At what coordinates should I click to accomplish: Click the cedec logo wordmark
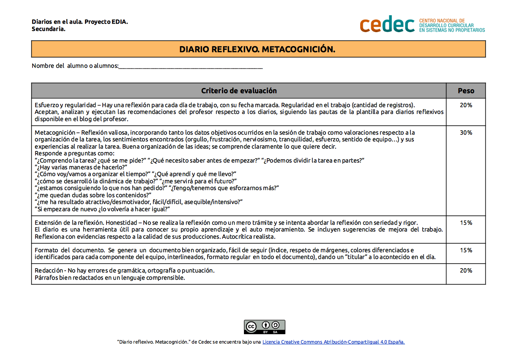click(387, 25)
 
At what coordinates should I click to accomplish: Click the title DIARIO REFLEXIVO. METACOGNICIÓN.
click(257, 49)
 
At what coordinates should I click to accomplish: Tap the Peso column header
click(466, 91)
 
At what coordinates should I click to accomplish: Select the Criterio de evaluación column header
click(239, 91)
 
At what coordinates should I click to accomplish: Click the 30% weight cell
click(466, 132)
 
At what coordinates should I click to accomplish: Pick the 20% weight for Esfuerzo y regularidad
click(466, 105)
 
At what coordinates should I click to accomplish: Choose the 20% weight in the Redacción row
click(466, 271)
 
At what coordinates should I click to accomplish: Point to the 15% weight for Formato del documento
click(466, 250)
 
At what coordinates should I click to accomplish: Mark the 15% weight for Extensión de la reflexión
click(466, 223)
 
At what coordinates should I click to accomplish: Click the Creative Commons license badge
click(264, 327)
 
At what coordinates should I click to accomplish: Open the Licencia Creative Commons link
click(333, 342)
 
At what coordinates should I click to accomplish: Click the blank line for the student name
click(190, 66)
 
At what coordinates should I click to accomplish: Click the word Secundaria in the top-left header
click(48, 29)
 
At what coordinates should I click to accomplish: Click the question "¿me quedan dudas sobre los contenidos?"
click(93, 195)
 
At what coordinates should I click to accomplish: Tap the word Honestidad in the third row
click(123, 223)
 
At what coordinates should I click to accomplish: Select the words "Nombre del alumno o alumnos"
click(75, 66)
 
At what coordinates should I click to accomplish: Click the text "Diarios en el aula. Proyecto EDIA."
click(79, 22)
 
